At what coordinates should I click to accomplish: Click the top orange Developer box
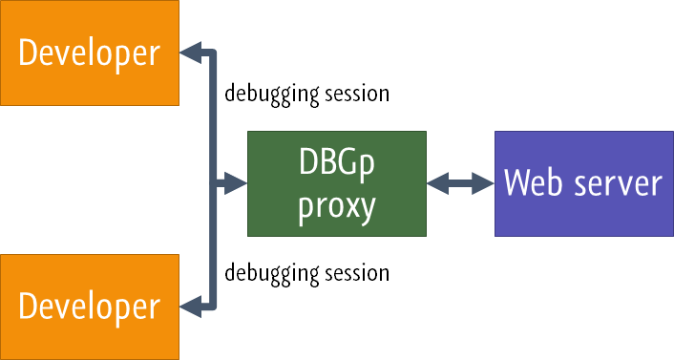pyautogui.click(x=89, y=53)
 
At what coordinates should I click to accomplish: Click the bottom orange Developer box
pyautogui.click(x=89, y=307)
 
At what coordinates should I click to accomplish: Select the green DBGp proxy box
pyautogui.click(x=336, y=182)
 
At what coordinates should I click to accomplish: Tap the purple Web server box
pyautogui.click(x=582, y=182)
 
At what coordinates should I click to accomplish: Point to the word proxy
pyautogui.click(x=336, y=204)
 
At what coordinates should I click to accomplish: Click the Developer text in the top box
pyautogui.click(x=89, y=53)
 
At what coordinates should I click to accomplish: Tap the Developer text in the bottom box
pyautogui.click(x=89, y=307)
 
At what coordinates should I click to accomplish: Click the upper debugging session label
pyautogui.click(x=306, y=95)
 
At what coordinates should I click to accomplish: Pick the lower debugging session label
pyautogui.click(x=306, y=273)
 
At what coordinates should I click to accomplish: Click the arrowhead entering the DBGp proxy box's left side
pyautogui.click(x=237, y=182)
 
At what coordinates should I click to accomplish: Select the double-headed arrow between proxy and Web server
pyautogui.click(x=460, y=182)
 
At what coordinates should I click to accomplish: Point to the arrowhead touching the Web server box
pyautogui.click(x=485, y=182)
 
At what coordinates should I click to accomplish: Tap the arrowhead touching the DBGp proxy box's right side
pyautogui.click(x=435, y=182)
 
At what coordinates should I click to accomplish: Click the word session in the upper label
pyautogui.click(x=358, y=95)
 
